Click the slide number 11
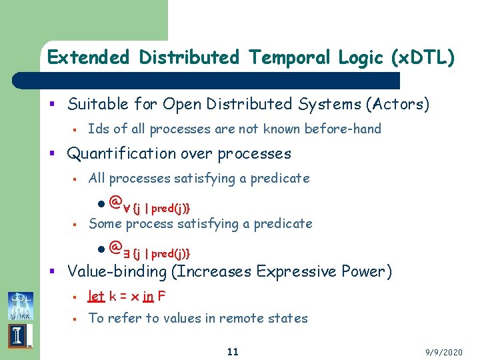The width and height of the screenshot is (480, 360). [x=232, y=351]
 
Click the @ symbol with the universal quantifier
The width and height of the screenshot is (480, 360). [x=116, y=200]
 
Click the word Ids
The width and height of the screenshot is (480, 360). [x=99, y=129]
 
